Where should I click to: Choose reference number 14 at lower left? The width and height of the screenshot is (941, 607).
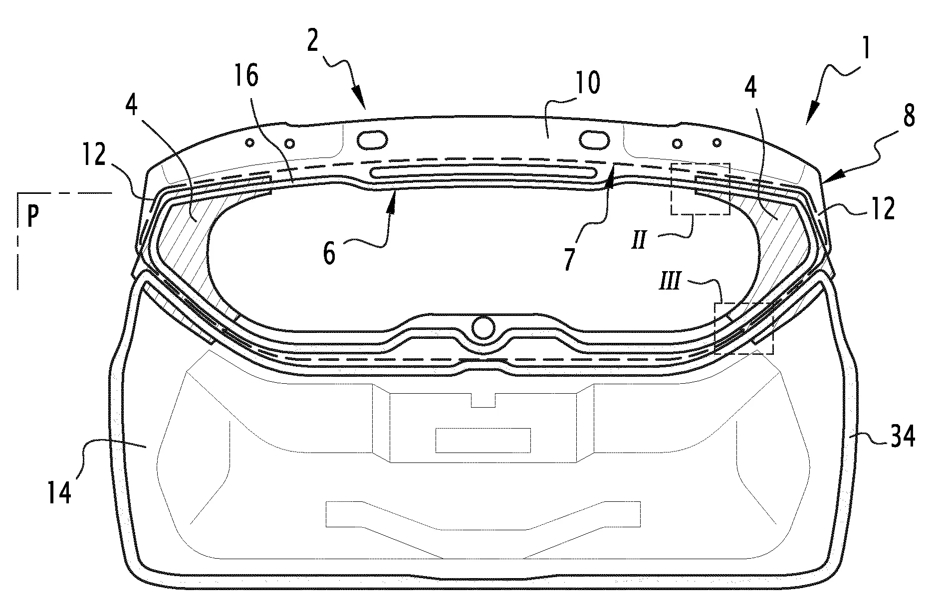pyautogui.click(x=60, y=489)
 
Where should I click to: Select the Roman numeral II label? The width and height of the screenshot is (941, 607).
pyautogui.click(x=639, y=241)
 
